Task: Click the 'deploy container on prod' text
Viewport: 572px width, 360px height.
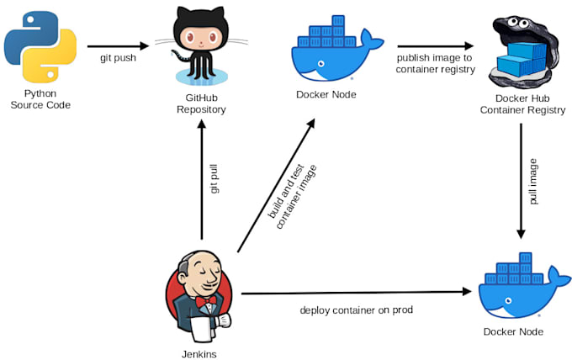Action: tap(356, 310)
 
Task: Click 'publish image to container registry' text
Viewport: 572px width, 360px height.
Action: tap(436, 64)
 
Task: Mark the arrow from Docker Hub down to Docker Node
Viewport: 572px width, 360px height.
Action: tap(521, 181)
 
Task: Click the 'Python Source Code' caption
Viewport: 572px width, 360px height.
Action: tap(40, 99)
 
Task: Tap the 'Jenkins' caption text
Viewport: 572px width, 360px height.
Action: tap(199, 353)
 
